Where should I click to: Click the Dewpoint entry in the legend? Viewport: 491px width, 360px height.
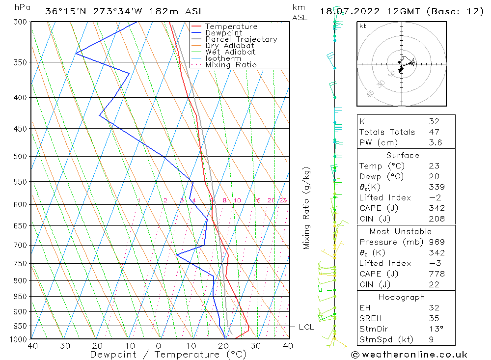(x=223, y=33)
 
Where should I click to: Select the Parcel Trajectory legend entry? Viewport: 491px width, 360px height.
(x=241, y=39)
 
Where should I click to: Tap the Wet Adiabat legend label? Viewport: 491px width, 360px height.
(x=230, y=52)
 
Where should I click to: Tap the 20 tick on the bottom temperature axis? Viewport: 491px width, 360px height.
(x=223, y=346)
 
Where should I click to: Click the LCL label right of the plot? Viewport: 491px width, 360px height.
(x=306, y=327)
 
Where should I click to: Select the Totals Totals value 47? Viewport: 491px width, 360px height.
(x=434, y=132)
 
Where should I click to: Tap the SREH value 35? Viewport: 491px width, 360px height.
(x=434, y=318)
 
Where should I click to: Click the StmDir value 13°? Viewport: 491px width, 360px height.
(x=436, y=329)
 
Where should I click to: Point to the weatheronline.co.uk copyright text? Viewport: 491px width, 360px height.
(x=409, y=355)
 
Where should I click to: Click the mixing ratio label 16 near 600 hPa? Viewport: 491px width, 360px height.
(x=257, y=200)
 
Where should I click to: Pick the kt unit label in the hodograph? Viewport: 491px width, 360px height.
(x=363, y=26)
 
